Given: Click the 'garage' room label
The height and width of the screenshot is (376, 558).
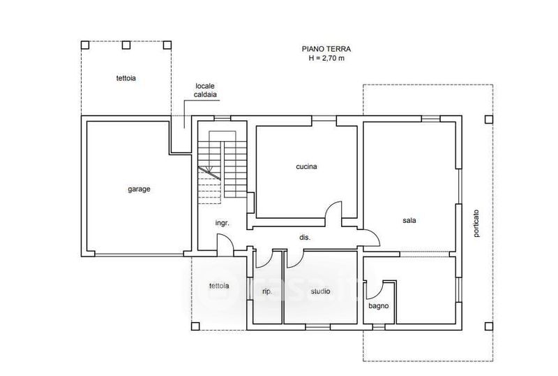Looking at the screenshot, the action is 139,189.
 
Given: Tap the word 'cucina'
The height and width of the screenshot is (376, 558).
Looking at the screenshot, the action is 306,166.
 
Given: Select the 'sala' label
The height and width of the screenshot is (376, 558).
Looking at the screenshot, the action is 409,220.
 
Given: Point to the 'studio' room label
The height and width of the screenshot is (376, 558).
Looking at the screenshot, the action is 320,291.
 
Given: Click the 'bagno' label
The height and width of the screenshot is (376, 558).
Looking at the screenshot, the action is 379,305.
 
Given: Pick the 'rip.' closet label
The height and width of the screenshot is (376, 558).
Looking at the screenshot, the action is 267,291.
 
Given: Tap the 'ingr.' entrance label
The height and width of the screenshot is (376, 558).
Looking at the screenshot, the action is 222,224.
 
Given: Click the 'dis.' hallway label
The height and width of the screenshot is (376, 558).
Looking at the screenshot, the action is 305,237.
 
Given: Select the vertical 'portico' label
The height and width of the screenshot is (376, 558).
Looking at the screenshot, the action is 476,224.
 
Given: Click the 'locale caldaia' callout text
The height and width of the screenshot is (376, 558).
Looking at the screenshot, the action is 205,90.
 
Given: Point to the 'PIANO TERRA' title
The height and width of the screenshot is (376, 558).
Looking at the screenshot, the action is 326,49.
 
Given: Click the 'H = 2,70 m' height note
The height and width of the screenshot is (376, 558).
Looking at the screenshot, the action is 326,58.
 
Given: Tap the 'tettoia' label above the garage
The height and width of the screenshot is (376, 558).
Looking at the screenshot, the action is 126,78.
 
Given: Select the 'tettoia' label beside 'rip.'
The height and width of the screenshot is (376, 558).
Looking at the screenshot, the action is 219,286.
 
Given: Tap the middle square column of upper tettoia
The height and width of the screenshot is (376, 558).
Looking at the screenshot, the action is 126,45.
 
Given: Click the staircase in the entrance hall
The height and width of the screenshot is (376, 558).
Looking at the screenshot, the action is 223,167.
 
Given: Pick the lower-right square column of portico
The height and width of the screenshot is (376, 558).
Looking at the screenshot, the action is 489,326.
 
